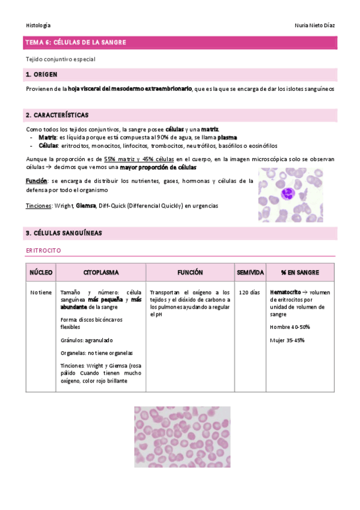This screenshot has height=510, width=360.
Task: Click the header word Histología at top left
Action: coord(38,25)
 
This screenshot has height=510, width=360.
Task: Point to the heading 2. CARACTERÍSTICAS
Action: coord(57,115)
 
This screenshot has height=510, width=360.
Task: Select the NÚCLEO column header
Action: coord(41,272)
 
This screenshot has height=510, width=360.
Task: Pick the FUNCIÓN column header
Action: coord(190,272)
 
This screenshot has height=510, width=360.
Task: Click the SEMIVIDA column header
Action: coord(249,272)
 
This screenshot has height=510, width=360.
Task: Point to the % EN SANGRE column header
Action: coord(301,272)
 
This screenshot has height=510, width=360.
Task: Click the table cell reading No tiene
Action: coord(41,292)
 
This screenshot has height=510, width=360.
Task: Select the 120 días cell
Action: coord(249,292)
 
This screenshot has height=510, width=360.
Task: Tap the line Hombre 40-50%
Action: coord(290,327)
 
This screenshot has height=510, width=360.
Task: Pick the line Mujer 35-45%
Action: coord(287,340)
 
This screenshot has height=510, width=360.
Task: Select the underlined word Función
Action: coord(36,180)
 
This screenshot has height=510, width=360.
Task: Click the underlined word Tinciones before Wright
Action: coord(38,206)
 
